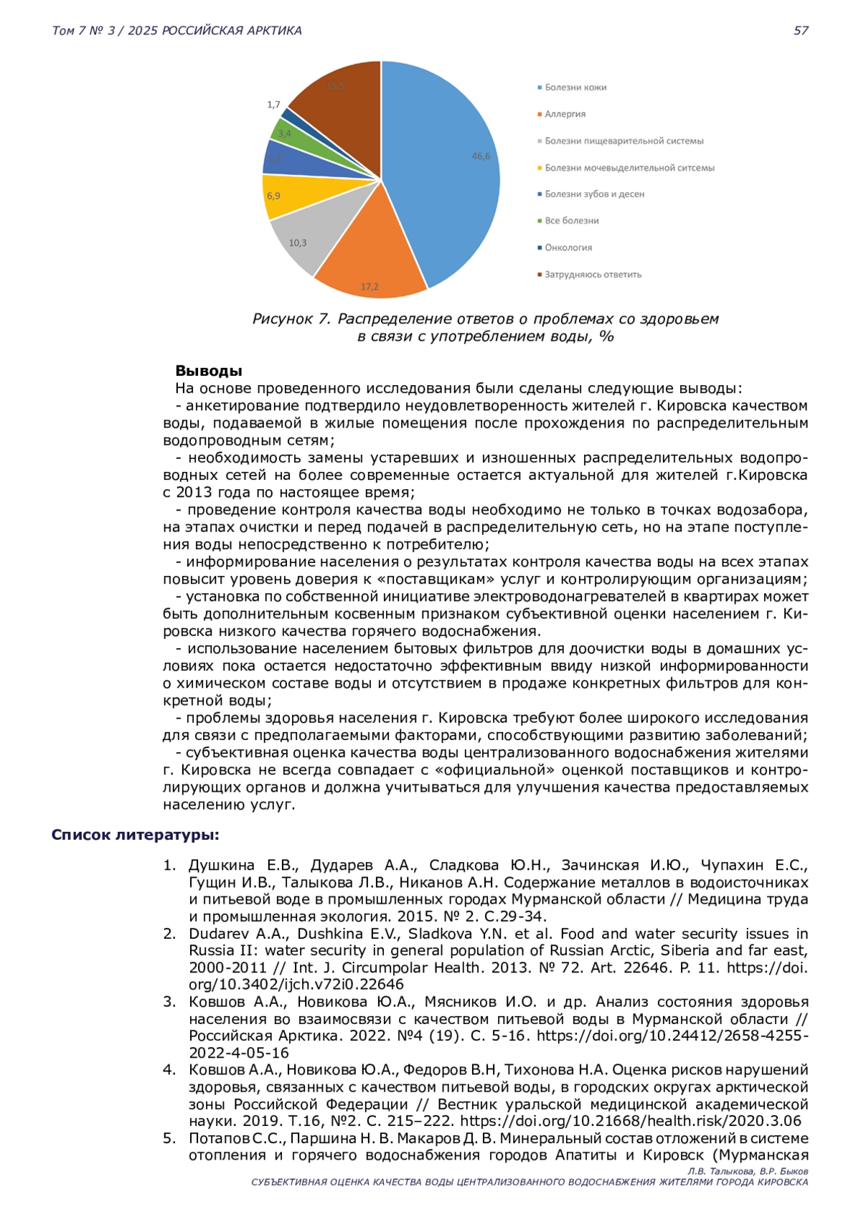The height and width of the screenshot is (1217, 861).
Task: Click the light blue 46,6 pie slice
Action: pos(445,165)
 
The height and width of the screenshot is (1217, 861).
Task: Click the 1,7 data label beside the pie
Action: pos(273,105)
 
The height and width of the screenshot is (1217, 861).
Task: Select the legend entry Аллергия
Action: pos(565,114)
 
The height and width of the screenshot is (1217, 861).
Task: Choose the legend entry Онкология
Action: pos(568,247)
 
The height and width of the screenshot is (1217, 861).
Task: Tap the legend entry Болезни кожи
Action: pos(575,87)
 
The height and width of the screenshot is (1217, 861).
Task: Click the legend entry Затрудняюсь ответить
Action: pos(593,275)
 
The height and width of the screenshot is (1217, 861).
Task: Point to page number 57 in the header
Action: pos(801,30)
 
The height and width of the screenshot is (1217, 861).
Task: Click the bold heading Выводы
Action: pos(209,371)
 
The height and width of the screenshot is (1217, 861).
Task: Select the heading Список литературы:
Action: pos(136,835)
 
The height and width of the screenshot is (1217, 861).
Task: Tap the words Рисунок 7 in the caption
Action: pos(291,318)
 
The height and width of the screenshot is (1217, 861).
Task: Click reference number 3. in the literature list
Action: pos(169,1002)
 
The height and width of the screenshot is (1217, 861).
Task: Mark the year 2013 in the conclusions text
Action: pos(194,493)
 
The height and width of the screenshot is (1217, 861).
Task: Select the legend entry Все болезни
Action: pos(571,221)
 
